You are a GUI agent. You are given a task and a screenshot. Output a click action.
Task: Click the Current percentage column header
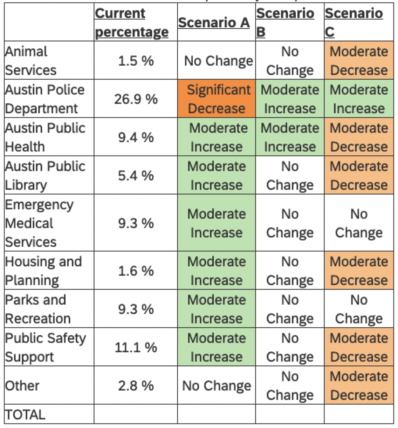pyautogui.click(x=132, y=23)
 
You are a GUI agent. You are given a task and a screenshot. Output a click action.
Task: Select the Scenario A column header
pyautogui.click(x=214, y=23)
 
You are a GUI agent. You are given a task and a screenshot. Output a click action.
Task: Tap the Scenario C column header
pyautogui.click(x=354, y=23)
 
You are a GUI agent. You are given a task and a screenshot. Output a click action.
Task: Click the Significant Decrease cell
pyautogui.click(x=217, y=99)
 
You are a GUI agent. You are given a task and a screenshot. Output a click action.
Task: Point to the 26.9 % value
pyautogui.click(x=136, y=99)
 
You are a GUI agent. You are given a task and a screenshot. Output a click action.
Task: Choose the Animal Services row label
pyautogui.click(x=31, y=61)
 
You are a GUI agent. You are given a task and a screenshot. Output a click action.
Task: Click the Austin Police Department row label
pyautogui.click(x=45, y=99)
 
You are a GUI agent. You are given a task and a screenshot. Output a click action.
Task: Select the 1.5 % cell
pyautogui.click(x=136, y=61)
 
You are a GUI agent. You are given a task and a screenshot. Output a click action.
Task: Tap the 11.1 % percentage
pyautogui.click(x=136, y=347)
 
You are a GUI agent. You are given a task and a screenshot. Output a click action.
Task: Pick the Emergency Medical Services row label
pyautogui.click(x=39, y=223)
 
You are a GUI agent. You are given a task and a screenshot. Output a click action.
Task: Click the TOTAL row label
pyautogui.click(x=25, y=415)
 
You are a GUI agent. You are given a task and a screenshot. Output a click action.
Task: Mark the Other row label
pyautogui.click(x=22, y=386)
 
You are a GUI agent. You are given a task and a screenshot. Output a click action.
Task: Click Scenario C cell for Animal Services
pyautogui.click(x=359, y=61)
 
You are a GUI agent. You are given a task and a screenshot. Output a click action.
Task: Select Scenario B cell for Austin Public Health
pyautogui.click(x=290, y=137)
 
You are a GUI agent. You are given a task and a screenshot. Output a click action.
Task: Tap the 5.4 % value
pyautogui.click(x=136, y=176)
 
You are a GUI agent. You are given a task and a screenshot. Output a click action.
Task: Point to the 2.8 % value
pyautogui.click(x=136, y=386)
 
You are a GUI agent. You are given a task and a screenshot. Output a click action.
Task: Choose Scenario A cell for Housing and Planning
pyautogui.click(x=217, y=271)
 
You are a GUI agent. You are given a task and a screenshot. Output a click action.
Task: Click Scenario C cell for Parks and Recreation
pyautogui.click(x=359, y=309)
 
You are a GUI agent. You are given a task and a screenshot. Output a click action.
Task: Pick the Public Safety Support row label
pyautogui.click(x=46, y=347)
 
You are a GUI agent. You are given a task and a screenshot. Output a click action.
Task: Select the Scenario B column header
pyautogui.click(x=285, y=23)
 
